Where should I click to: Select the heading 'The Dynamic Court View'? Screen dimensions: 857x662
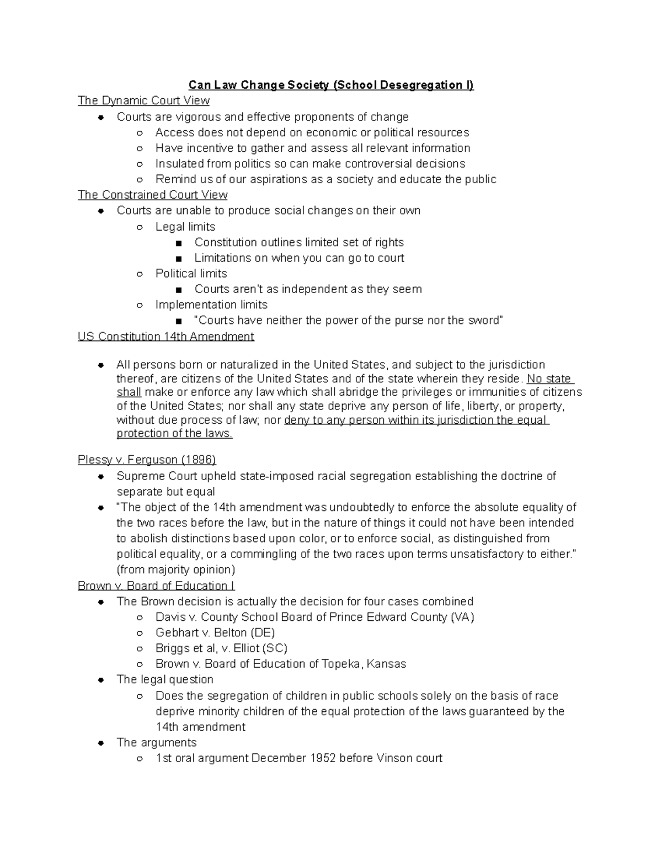[143, 100]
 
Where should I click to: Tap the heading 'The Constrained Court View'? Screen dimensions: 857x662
[152, 195]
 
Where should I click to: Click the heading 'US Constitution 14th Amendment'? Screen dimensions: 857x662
[165, 337]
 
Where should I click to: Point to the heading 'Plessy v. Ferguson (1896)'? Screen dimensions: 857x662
[147, 460]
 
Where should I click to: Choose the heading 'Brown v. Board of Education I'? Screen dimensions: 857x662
[156, 585]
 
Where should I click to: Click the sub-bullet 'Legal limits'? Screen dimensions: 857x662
[185, 227]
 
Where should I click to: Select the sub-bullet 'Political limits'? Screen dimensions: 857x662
[191, 274]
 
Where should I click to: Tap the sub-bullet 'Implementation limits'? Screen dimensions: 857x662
[211, 305]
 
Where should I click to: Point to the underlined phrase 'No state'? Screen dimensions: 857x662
[549, 379]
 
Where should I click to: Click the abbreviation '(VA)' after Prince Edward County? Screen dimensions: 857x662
[462, 617]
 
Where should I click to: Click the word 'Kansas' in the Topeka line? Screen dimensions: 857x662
[387, 664]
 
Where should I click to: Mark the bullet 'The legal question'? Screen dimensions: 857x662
[165, 679]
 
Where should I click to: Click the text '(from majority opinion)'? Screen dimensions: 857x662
[176, 569]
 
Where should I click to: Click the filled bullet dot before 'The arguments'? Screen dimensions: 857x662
[101, 743]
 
